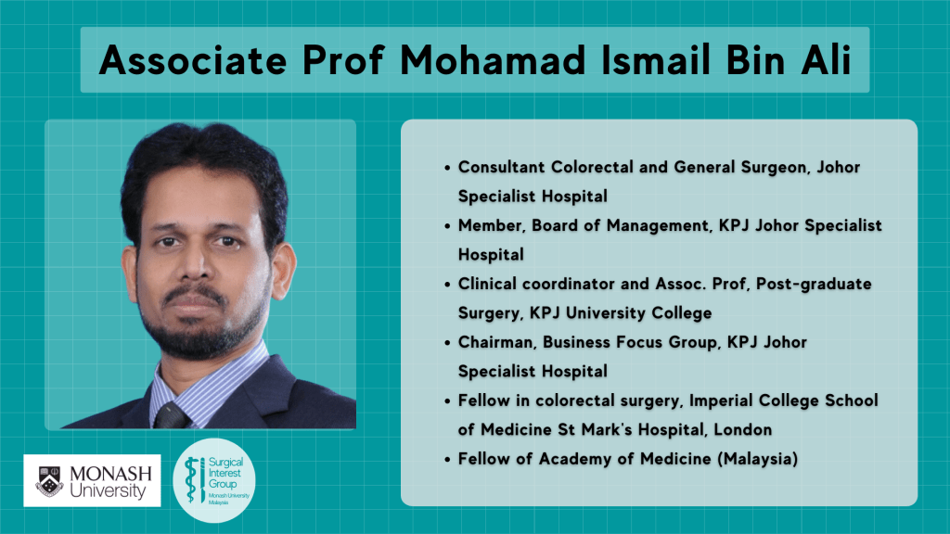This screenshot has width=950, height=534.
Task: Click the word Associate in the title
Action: (193, 60)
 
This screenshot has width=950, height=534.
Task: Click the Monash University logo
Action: (92, 481)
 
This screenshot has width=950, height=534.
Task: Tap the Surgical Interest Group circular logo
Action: (214, 481)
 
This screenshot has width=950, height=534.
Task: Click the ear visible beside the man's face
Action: (283, 270)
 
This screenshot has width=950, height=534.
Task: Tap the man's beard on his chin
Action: (197, 336)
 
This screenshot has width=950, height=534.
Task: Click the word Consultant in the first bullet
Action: (501, 167)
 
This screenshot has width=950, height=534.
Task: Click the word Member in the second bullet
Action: (490, 226)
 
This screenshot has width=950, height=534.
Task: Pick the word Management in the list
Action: (657, 226)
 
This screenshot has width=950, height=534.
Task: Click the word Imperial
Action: (720, 400)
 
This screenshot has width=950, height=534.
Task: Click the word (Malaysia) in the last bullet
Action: (757, 460)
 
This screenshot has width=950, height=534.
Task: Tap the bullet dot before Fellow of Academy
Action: (447, 460)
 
